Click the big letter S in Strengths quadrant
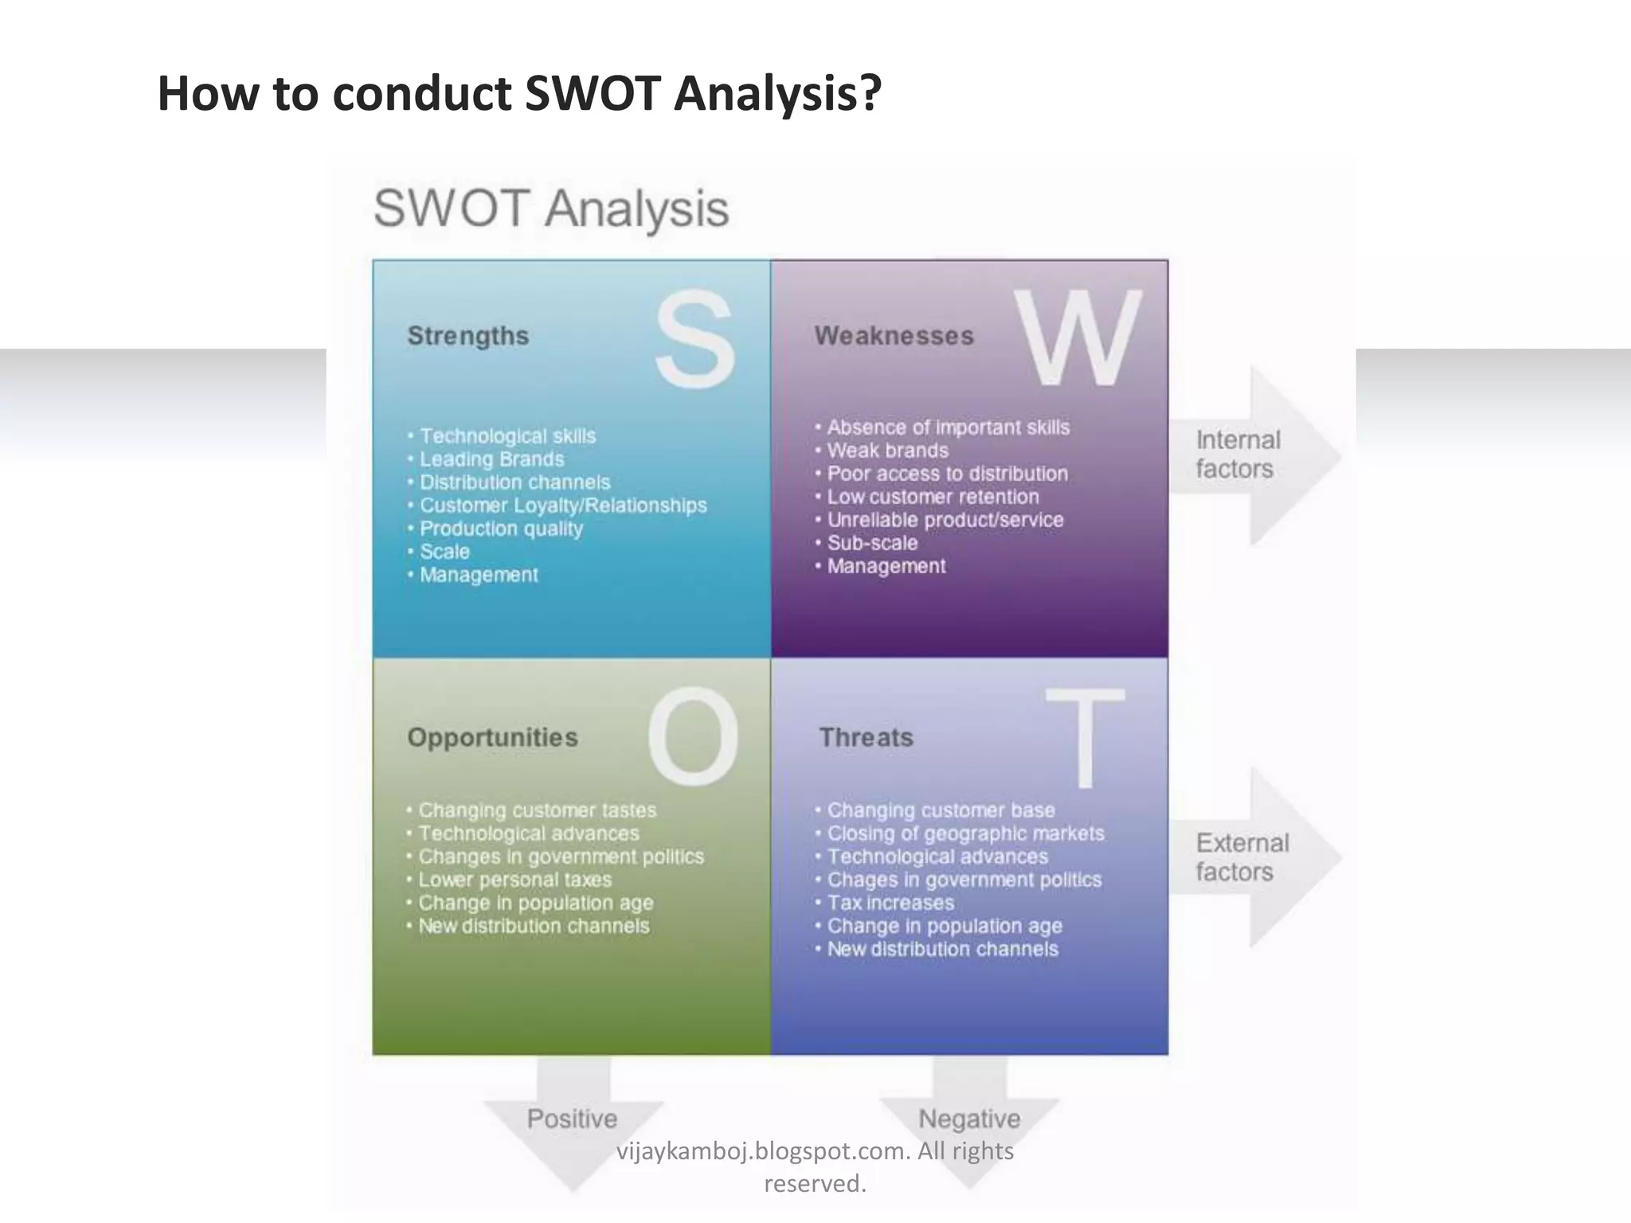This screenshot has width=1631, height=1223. tap(694, 340)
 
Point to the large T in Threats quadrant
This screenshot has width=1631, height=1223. tap(1084, 738)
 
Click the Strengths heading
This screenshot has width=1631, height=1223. tap(468, 336)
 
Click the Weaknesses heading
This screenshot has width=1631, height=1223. tap(894, 336)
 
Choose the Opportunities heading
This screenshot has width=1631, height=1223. tap(492, 737)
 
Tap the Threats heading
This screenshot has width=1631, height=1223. tap(866, 737)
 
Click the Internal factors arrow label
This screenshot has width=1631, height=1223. tap(1238, 455)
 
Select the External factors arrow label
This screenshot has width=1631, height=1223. tap(1242, 858)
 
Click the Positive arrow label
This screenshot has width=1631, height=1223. tap(572, 1119)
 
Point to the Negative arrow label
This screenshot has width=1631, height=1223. tap(969, 1119)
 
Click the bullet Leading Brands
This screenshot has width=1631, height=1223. tap(491, 459)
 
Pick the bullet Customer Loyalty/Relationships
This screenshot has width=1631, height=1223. tap(562, 506)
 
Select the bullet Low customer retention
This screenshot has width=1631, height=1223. tap(933, 497)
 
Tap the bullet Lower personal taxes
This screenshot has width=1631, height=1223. tap(514, 880)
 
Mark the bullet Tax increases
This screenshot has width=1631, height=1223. tap(890, 903)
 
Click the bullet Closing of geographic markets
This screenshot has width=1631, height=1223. tap(965, 834)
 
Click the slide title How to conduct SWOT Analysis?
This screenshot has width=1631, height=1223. tap(519, 93)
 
